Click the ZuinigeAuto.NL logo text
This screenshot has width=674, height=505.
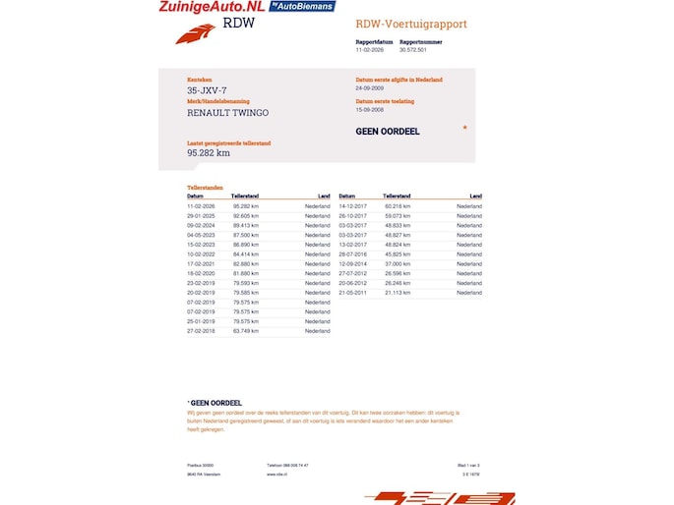click(211, 7)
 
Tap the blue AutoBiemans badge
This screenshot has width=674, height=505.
click(303, 6)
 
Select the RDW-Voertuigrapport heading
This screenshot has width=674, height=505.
click(410, 24)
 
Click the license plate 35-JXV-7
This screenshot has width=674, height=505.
click(208, 90)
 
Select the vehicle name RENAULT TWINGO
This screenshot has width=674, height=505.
click(227, 113)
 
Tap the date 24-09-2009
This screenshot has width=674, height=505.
click(370, 87)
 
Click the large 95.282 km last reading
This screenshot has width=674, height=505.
click(209, 153)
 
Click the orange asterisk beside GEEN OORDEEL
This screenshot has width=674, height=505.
click(464, 127)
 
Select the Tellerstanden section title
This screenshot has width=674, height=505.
click(205, 187)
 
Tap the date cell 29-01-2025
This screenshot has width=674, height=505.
click(201, 215)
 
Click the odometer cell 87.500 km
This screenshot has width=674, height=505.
click(246, 235)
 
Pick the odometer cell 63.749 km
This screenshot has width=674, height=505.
click(246, 331)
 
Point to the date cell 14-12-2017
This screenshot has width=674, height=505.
click(352, 206)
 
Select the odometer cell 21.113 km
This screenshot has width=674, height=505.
click(397, 293)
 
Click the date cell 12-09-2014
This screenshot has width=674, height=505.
click(352, 263)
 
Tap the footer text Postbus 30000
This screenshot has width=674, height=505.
click(201, 465)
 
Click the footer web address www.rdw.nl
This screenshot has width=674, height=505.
click(276, 474)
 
